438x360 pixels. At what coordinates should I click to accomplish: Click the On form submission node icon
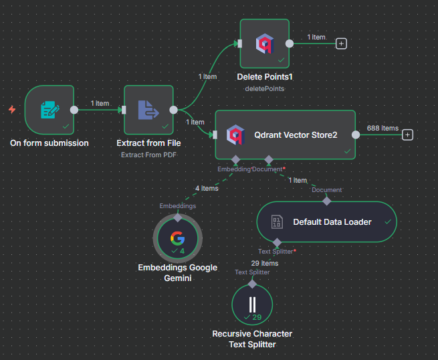49,110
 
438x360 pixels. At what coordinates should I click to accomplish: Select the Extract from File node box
148,110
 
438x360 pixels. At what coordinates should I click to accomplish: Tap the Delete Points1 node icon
264,44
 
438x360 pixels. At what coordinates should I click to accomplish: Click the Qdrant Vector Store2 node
285,134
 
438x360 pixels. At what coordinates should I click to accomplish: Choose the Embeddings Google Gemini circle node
177,239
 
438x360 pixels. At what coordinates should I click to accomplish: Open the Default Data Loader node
326,221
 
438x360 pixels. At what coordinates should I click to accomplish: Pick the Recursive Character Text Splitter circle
252,304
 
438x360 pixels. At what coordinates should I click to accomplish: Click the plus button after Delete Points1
342,43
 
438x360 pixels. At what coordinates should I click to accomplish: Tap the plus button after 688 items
407,134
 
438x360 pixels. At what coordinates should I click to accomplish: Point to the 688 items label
382,128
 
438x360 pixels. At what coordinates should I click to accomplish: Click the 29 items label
265,263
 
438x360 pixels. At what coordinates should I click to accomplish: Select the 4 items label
207,188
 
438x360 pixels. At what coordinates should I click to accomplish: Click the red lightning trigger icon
12,109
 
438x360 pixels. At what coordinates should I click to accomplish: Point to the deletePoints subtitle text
264,88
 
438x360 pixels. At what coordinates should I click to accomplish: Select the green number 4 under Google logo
182,251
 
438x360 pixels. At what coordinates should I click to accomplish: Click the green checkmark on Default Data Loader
387,221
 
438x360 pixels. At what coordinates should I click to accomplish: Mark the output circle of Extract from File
173,110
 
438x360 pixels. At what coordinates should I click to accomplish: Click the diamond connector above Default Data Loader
326,200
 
